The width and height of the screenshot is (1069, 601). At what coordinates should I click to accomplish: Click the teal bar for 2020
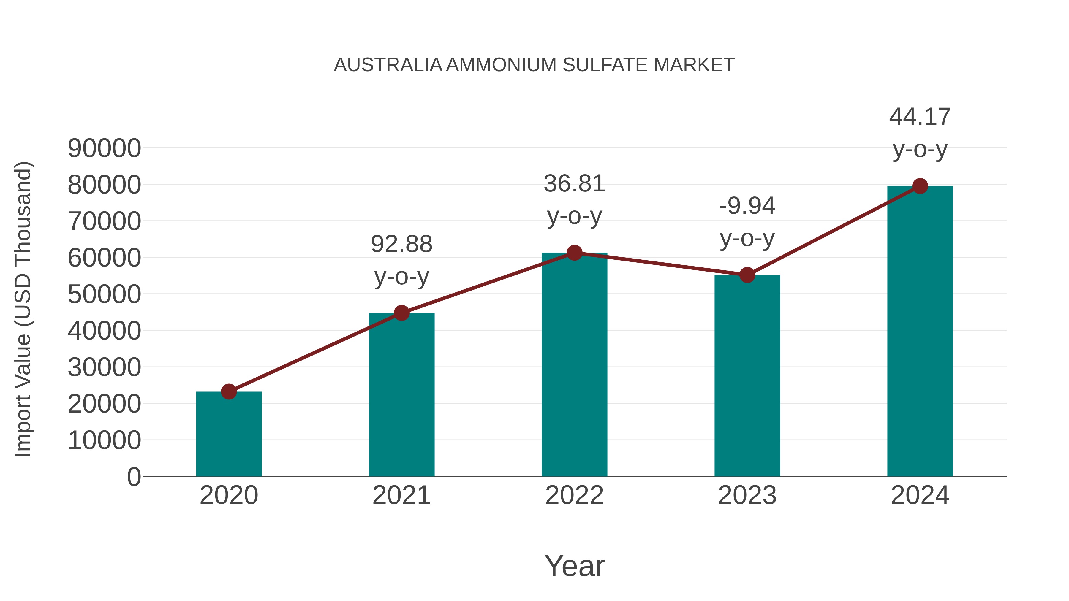229,435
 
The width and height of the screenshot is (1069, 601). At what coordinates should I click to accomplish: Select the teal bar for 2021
401,396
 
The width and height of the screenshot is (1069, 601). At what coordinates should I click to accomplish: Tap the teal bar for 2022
574,365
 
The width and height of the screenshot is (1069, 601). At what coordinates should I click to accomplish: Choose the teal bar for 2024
920,332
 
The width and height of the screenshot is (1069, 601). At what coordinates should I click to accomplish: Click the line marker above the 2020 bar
229,391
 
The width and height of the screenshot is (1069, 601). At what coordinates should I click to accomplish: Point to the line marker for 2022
574,253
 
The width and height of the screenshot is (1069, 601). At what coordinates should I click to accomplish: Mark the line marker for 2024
920,186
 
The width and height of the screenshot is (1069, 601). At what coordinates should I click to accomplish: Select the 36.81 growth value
574,183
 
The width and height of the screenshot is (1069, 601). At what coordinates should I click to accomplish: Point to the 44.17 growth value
920,117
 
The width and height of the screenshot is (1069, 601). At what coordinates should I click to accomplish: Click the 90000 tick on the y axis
104,148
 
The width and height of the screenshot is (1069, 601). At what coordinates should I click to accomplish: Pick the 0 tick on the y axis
134,477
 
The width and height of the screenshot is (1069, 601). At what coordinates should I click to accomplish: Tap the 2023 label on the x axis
747,495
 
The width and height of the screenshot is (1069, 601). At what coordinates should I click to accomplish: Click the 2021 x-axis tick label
401,495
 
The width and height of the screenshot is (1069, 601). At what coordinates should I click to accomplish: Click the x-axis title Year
574,566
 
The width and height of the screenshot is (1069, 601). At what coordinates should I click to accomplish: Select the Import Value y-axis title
23,309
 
